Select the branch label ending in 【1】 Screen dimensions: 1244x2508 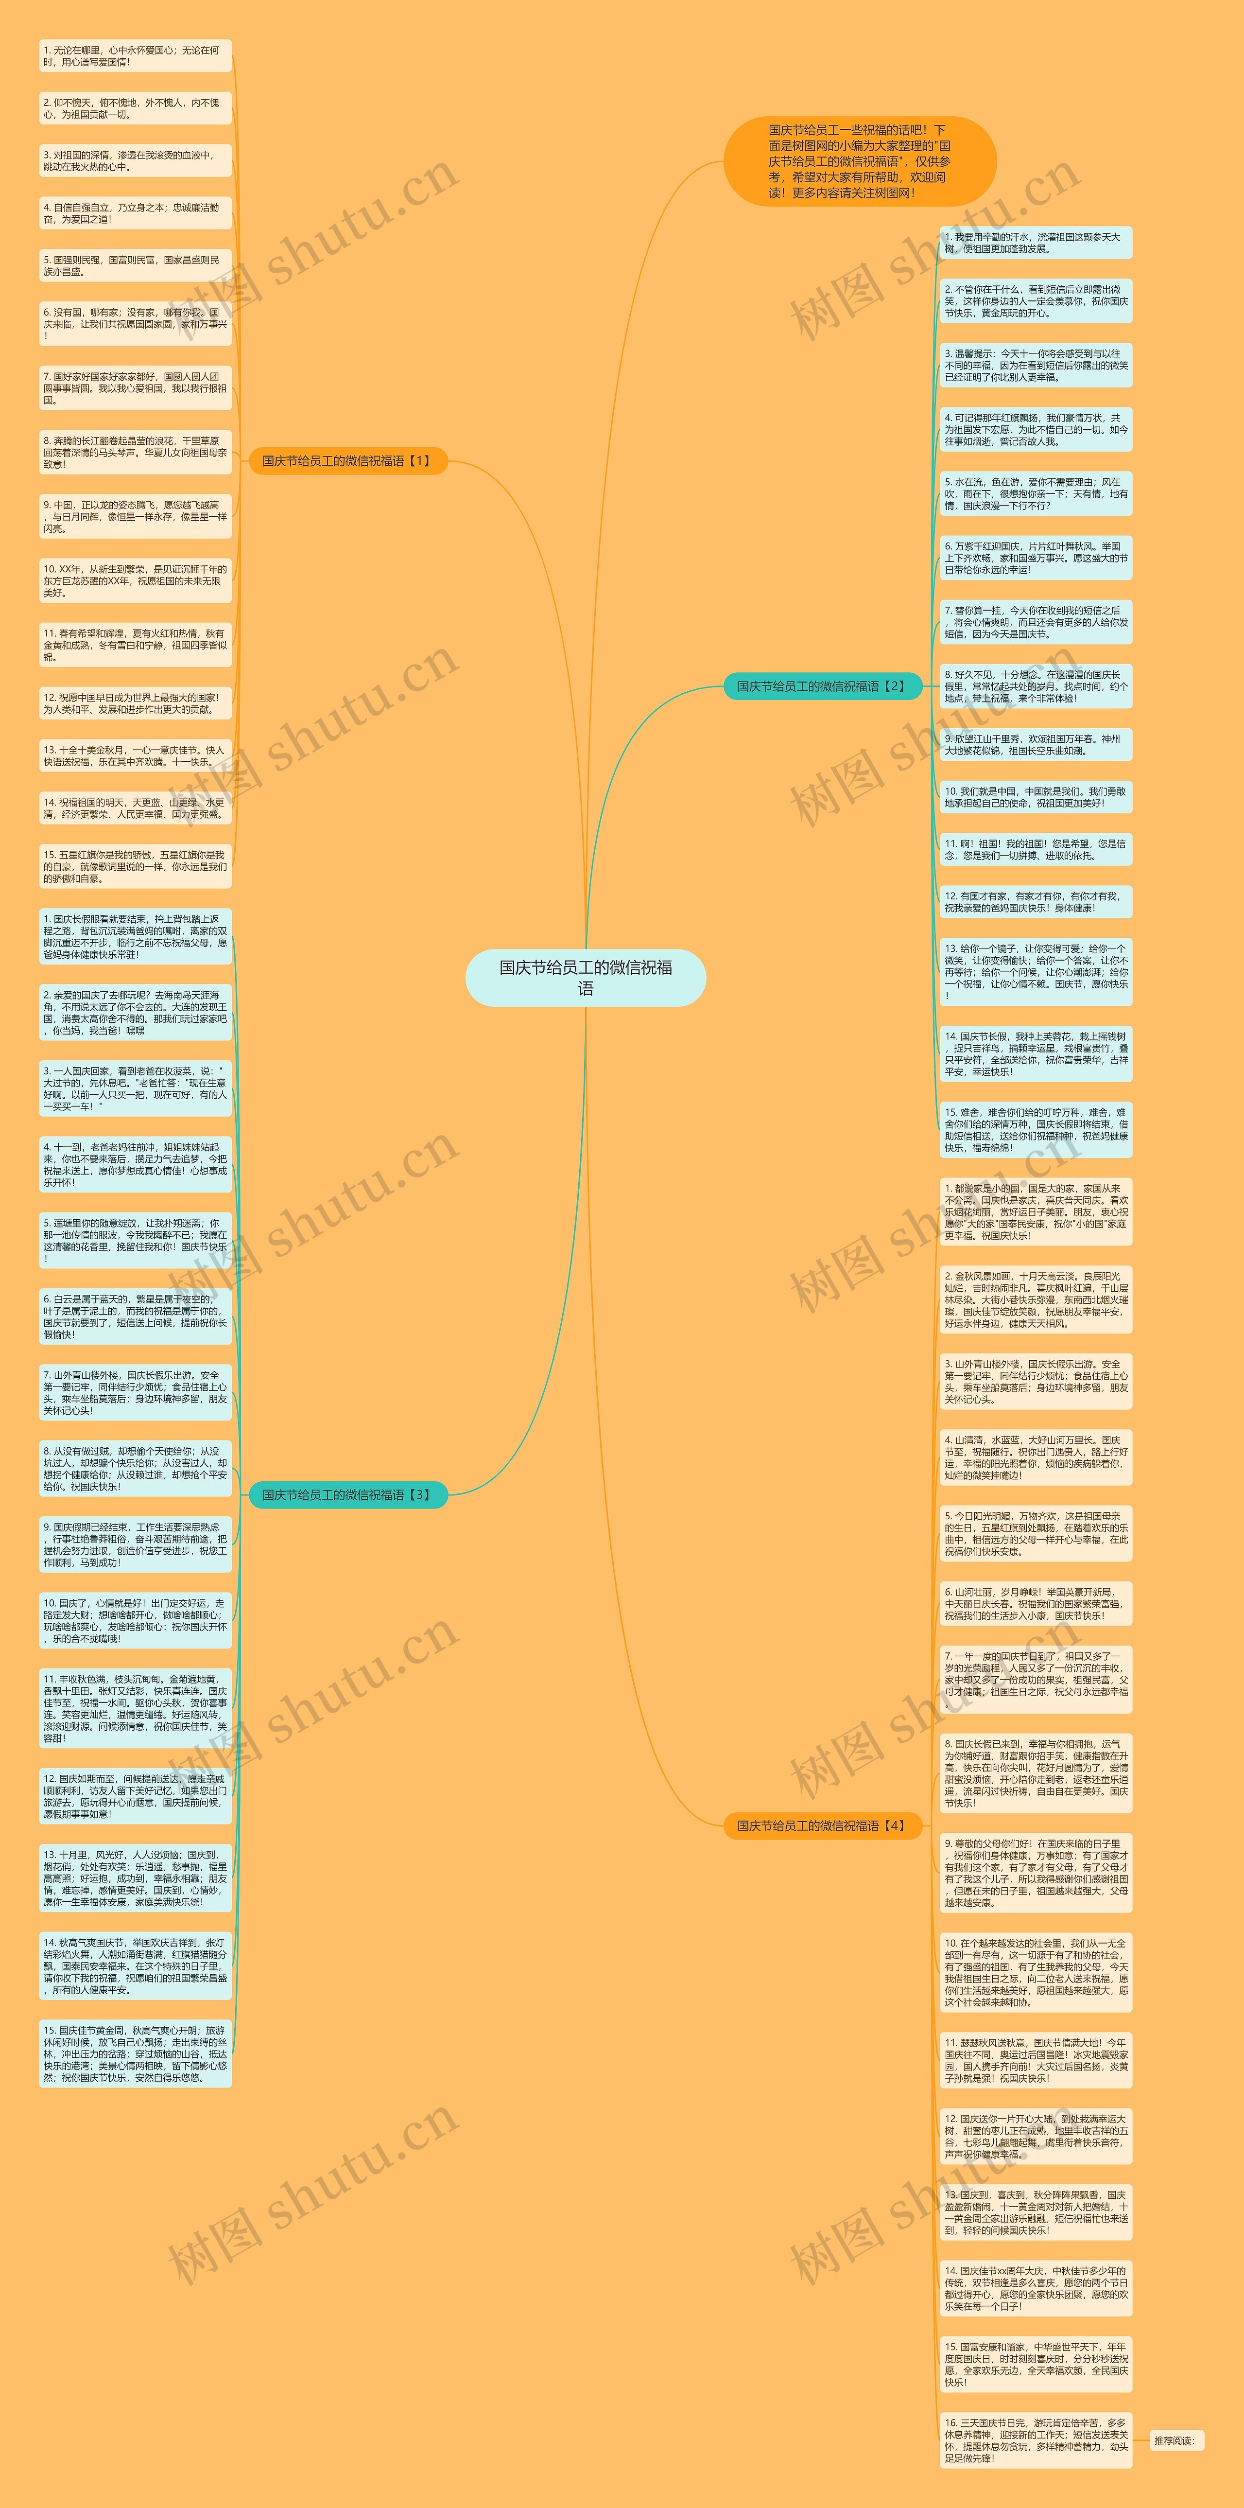pyautogui.click(x=347, y=460)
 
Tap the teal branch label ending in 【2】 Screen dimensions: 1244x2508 pyautogui.click(x=823, y=686)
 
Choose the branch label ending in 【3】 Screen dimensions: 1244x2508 pyautogui.click(x=347, y=1494)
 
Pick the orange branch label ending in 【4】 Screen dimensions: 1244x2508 pyautogui.click(x=823, y=1825)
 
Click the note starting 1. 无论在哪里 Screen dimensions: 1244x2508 pyautogui.click(x=135, y=55)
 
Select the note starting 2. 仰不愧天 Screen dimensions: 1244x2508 pyautogui.click(x=135, y=108)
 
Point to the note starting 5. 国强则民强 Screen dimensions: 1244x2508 pyautogui.click(x=135, y=266)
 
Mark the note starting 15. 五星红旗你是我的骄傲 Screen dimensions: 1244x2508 pyautogui.click(x=135, y=866)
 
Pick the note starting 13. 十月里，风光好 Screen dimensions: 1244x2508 pyautogui.click(x=135, y=1877)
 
